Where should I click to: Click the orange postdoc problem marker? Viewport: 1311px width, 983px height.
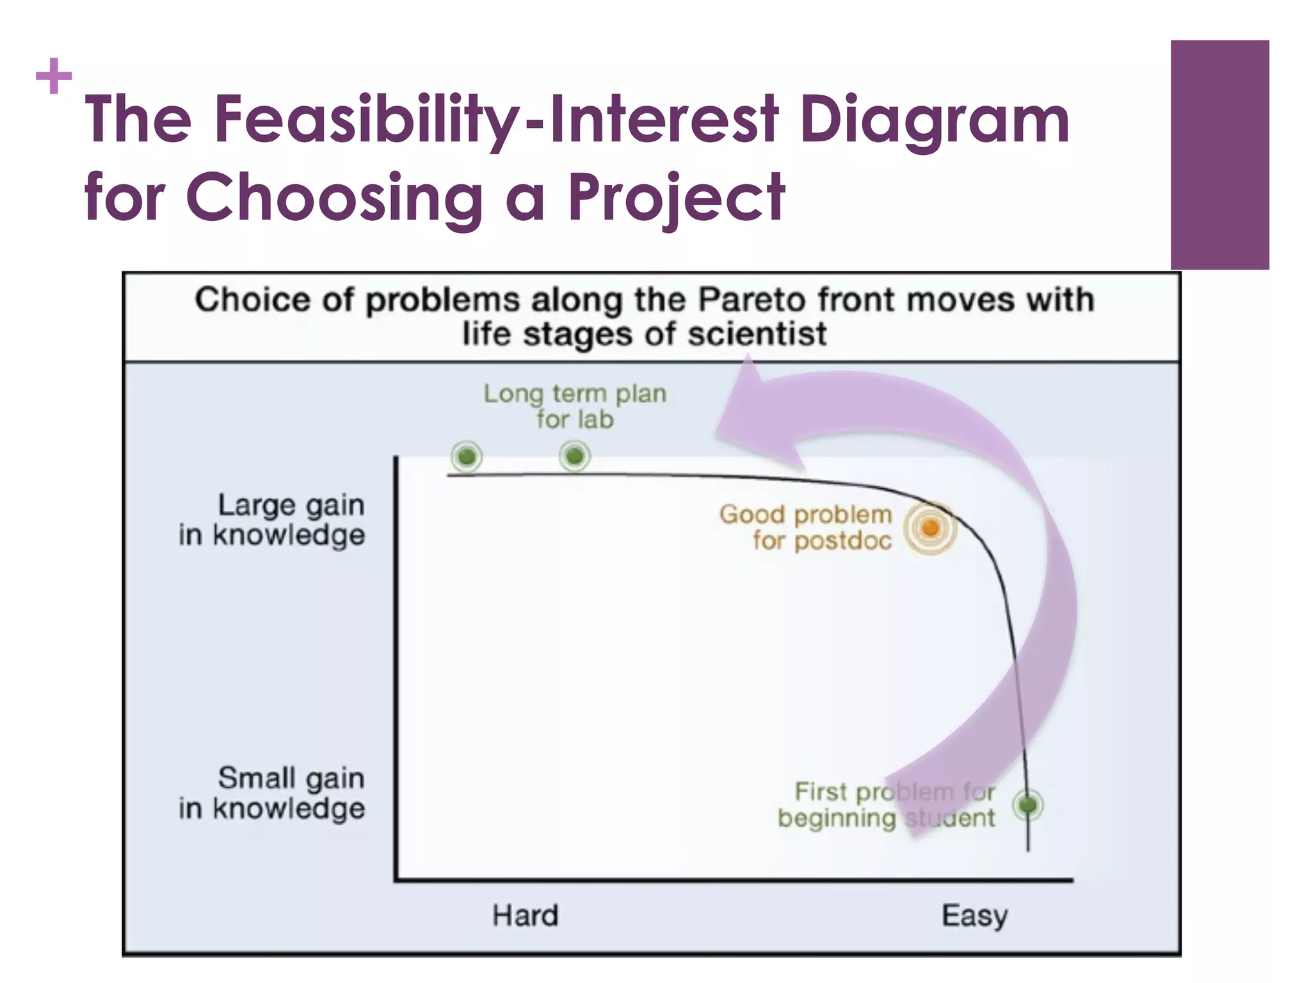click(930, 528)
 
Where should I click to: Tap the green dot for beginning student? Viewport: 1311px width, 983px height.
click(1028, 804)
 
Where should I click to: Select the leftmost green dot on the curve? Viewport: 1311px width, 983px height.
click(467, 457)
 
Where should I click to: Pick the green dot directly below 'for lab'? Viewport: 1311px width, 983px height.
click(574, 456)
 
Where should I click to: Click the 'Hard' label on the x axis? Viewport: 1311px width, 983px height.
click(525, 915)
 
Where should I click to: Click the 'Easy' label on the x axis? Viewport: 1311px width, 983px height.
click(974, 915)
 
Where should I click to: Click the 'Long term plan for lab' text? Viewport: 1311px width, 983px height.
click(575, 406)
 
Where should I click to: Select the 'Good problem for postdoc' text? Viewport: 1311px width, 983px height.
click(806, 527)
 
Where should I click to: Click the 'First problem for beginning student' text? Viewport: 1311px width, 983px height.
click(887, 804)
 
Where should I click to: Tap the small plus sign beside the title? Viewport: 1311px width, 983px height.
click(54, 77)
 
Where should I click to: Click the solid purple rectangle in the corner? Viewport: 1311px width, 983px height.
click(1219, 155)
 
